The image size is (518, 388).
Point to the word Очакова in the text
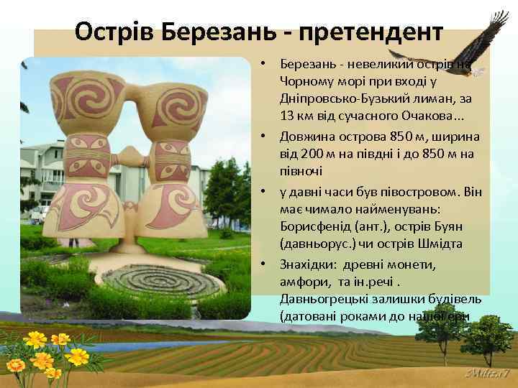[x=427, y=116]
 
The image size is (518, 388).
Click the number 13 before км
[x=288, y=116]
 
